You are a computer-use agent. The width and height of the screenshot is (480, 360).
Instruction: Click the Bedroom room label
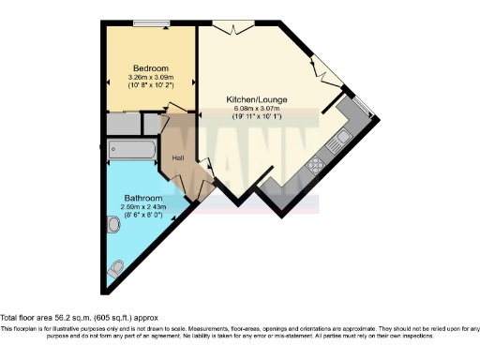click(x=150, y=68)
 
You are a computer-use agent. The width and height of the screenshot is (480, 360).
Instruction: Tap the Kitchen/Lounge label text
click(x=256, y=99)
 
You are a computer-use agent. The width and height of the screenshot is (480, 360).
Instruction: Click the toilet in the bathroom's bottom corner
click(x=116, y=268)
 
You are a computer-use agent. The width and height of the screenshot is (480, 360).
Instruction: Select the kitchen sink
click(x=343, y=140)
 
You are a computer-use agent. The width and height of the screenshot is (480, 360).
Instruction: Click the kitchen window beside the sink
click(x=366, y=106)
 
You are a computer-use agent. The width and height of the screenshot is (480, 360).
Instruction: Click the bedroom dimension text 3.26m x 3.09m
click(x=150, y=77)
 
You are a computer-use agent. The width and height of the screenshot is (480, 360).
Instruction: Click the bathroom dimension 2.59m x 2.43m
click(x=143, y=207)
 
